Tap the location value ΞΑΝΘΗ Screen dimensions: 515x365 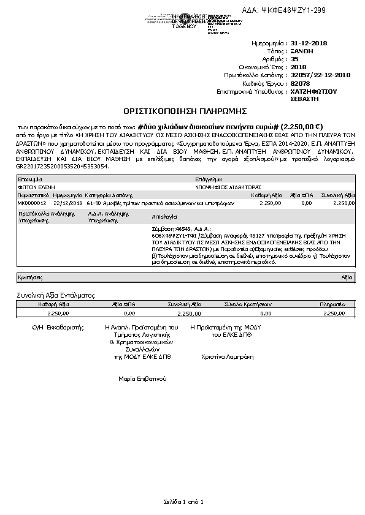[301, 52]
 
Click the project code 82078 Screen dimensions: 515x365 [300, 83]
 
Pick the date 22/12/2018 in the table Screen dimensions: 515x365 [67, 202]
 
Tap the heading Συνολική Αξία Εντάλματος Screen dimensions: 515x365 [54, 295]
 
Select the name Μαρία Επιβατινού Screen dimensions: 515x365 [142, 379]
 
